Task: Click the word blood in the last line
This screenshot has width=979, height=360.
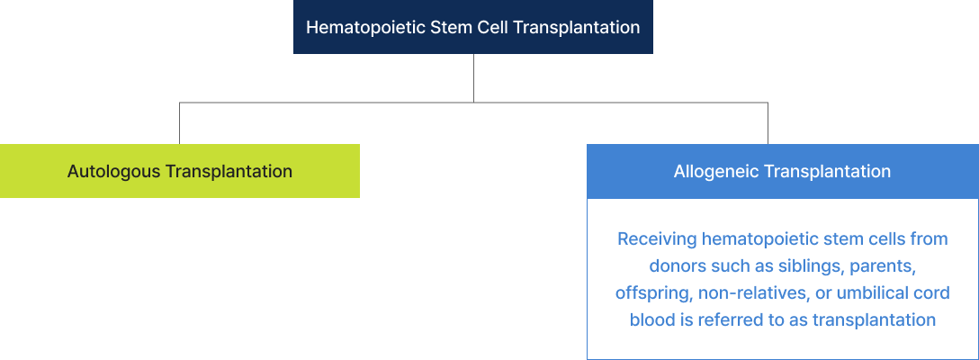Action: (x=651, y=319)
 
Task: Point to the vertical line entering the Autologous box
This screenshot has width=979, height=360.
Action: (x=180, y=123)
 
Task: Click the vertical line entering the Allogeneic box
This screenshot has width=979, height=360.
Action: (x=768, y=123)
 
